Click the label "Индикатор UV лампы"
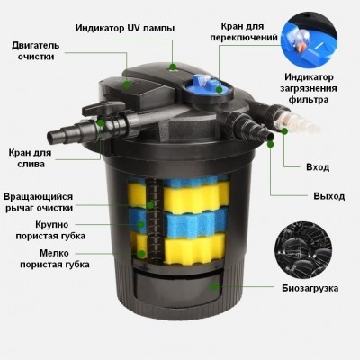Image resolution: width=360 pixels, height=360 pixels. [125, 28]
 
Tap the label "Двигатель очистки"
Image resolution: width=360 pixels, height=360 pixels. [36, 51]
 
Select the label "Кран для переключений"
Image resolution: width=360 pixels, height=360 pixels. [244, 31]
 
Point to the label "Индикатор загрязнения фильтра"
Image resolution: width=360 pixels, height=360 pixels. [309, 88]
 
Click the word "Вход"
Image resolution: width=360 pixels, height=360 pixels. [318, 167]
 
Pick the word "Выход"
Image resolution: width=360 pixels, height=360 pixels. [329, 196]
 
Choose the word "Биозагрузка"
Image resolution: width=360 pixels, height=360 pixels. [310, 288]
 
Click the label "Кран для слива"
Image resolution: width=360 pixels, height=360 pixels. [30, 158]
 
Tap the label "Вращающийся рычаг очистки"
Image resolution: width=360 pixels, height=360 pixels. [39, 202]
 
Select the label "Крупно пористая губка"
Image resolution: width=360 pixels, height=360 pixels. [50, 230]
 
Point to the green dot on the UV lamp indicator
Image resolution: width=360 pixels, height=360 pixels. [172, 67]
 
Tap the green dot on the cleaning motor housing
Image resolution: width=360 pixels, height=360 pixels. [127, 85]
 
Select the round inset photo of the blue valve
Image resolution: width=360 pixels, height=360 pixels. [310, 40]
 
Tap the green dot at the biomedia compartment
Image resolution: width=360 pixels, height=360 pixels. [214, 287]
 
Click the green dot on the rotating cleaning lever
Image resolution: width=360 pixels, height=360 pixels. [150, 205]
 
